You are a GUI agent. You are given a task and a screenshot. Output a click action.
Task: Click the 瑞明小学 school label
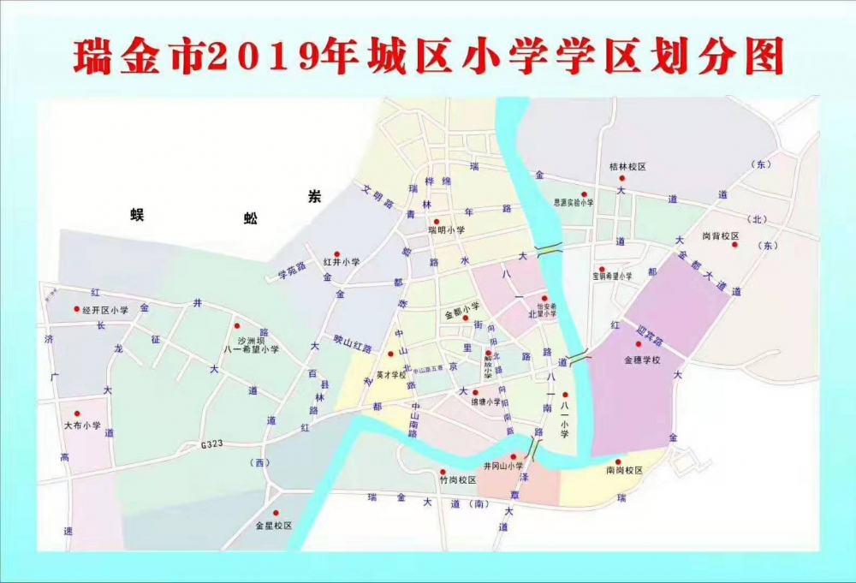[447, 230]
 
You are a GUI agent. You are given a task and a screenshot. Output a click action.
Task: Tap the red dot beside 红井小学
[336, 253]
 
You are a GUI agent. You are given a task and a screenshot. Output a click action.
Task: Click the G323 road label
[211, 444]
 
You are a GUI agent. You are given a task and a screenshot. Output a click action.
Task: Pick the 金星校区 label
[273, 525]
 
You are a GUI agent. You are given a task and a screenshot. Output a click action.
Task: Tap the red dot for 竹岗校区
[443, 471]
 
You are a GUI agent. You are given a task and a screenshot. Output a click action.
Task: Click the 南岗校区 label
[624, 471]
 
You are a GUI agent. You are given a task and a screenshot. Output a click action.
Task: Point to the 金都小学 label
[462, 315]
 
